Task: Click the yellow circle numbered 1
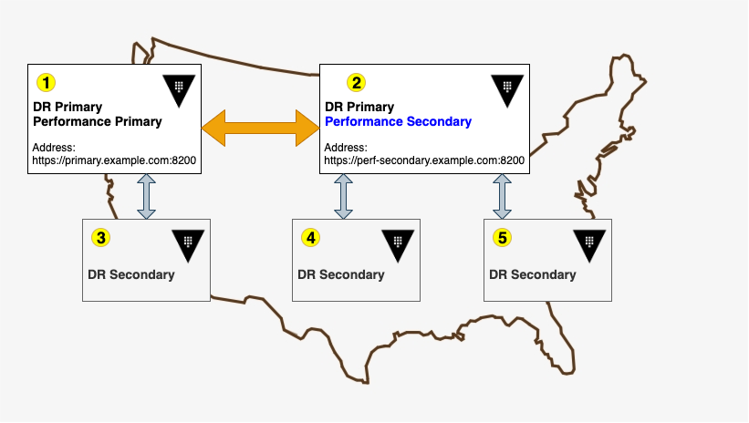tap(46, 82)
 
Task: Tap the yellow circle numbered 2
tap(356, 82)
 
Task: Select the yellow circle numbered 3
tap(101, 238)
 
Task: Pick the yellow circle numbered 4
tap(311, 238)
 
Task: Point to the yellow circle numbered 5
tap(502, 238)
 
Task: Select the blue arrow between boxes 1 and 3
tap(146, 197)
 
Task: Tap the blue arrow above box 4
tap(343, 197)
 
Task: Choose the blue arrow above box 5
tap(502, 197)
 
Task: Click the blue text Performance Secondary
tap(398, 121)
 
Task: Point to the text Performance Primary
tap(97, 121)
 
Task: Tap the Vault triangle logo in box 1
tap(179, 88)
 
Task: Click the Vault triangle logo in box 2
tap(507, 88)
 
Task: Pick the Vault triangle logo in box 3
tap(188, 243)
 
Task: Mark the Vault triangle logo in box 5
tap(589, 243)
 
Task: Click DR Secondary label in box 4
tap(341, 274)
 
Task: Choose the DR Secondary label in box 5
tap(533, 274)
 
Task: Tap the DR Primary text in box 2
tap(359, 107)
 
